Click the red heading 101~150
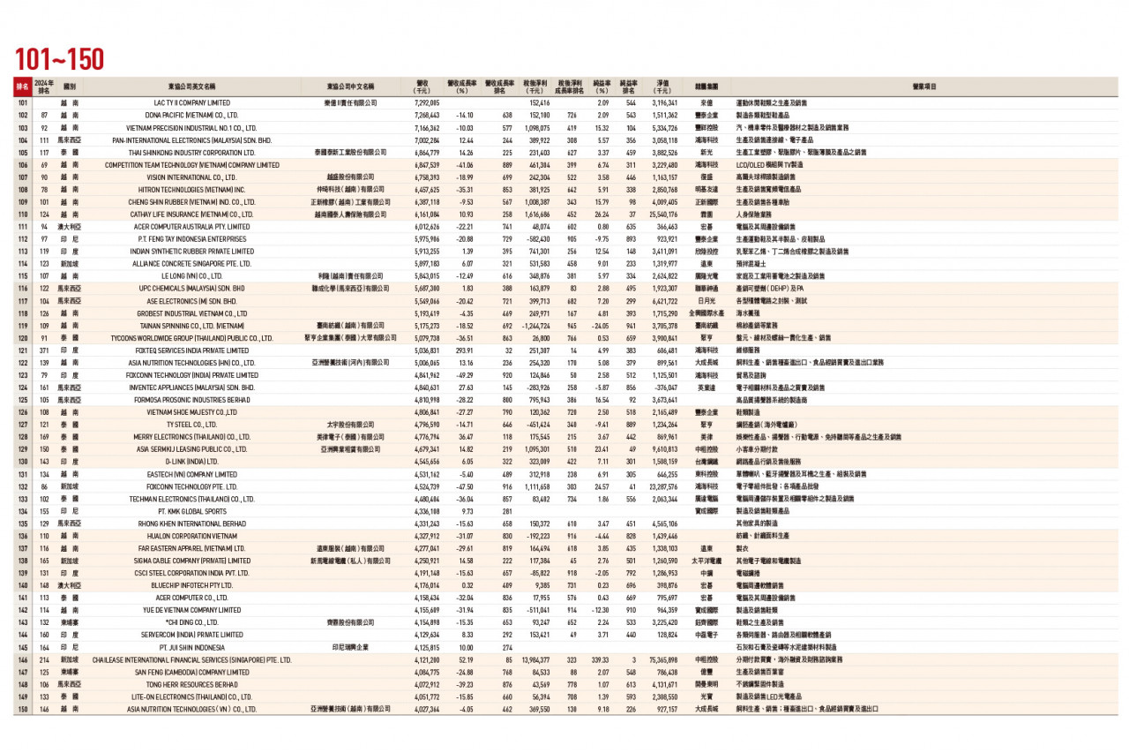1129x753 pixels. (x=59, y=59)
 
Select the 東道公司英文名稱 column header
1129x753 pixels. (x=191, y=87)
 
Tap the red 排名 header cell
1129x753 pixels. (x=21, y=87)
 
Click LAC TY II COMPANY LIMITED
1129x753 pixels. (x=191, y=103)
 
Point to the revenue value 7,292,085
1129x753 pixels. (x=427, y=103)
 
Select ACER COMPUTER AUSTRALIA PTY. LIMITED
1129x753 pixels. (x=191, y=226)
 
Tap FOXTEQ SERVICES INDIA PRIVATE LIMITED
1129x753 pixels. (x=191, y=350)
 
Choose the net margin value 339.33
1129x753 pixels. (x=601, y=659)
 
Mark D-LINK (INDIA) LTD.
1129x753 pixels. (x=191, y=461)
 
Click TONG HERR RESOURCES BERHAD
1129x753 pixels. (x=191, y=684)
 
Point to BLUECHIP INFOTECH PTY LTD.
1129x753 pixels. (x=191, y=584)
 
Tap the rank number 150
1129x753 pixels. (x=21, y=709)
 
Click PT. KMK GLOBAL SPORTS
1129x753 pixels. (x=191, y=510)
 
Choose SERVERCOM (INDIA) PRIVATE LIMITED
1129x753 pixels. (x=191, y=635)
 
